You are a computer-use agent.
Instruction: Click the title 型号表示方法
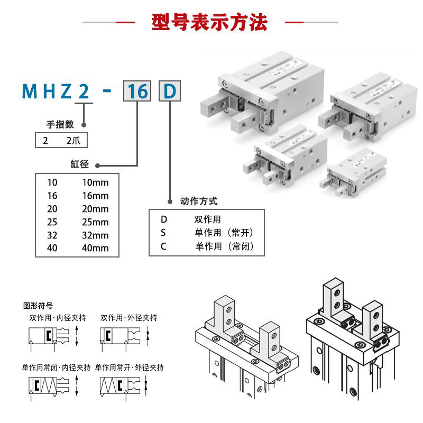click(x=210, y=23)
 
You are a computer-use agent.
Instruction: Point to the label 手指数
click(x=60, y=125)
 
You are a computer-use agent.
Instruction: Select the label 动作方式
click(x=199, y=201)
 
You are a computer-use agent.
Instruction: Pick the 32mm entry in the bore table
click(x=95, y=235)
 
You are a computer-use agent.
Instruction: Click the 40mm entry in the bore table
click(x=95, y=248)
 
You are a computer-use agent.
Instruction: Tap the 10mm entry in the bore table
click(x=95, y=183)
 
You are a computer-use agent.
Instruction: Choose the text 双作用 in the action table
click(x=208, y=219)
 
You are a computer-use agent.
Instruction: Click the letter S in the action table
click(x=164, y=232)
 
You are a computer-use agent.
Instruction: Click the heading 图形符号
click(x=38, y=306)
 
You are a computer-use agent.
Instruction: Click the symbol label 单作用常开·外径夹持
click(x=130, y=367)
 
